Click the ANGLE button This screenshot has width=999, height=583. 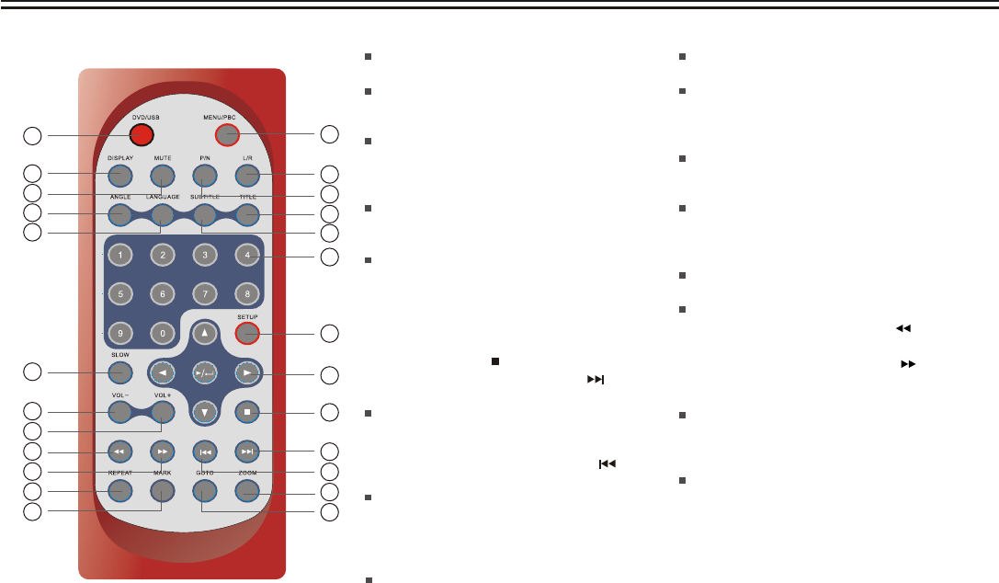coord(119,215)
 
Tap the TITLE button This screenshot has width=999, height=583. coord(246,215)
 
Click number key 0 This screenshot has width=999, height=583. coord(162,333)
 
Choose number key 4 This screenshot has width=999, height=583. coord(246,254)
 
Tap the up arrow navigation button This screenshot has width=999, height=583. coord(204,333)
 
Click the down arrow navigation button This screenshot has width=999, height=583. coord(204,411)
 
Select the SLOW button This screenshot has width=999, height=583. coord(119,372)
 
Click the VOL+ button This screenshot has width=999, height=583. coord(162,411)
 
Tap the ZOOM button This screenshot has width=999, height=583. coord(246,491)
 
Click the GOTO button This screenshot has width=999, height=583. coord(204,491)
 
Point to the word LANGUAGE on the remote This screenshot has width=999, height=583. coord(162,197)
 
